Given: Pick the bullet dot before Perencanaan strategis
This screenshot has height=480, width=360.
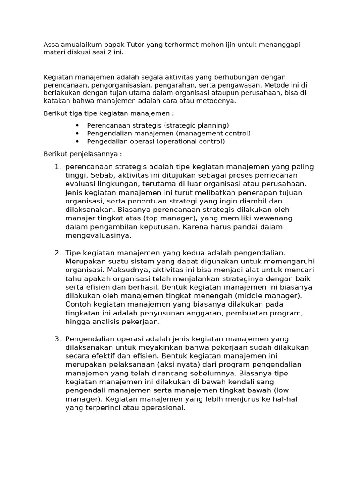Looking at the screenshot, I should coord(77,125).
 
